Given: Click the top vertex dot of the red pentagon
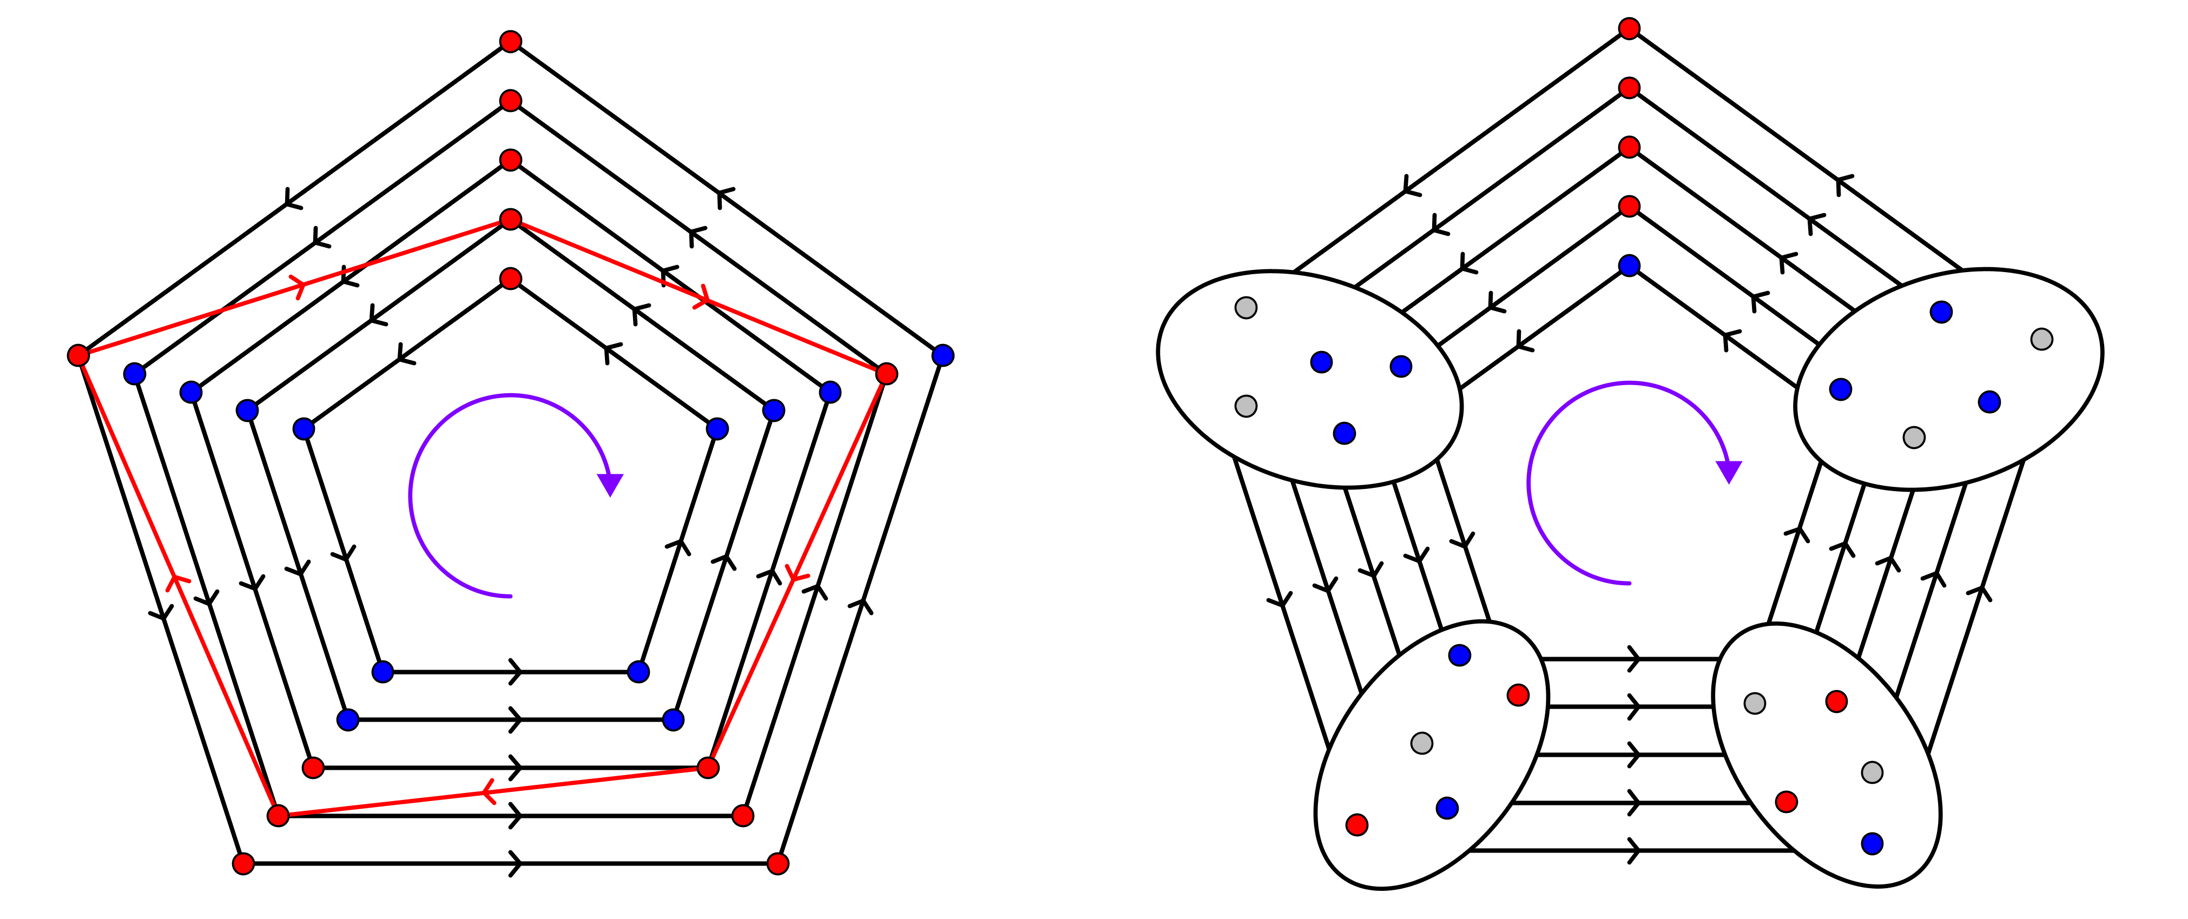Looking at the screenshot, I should tap(510, 220).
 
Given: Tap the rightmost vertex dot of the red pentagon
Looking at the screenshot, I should tap(886, 374).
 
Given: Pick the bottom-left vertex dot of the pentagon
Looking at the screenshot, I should tap(278, 815).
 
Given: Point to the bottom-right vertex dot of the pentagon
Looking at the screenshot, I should tap(708, 768).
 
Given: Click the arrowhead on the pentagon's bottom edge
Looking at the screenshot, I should tap(487, 792).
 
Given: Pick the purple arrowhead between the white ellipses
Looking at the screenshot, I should tap(1729, 471).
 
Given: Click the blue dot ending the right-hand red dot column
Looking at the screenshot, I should tap(1629, 266).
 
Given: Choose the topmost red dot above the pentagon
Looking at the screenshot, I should tap(510, 42).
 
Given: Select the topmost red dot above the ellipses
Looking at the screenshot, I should tap(1629, 29).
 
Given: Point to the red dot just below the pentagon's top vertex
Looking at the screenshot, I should tap(510, 279).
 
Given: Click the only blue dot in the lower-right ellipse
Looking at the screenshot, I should tap(1872, 843).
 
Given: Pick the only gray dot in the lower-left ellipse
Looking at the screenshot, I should tap(1422, 743).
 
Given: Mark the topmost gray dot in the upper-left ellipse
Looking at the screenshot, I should tap(1246, 307).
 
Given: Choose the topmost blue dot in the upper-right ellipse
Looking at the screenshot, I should tap(1941, 313).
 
